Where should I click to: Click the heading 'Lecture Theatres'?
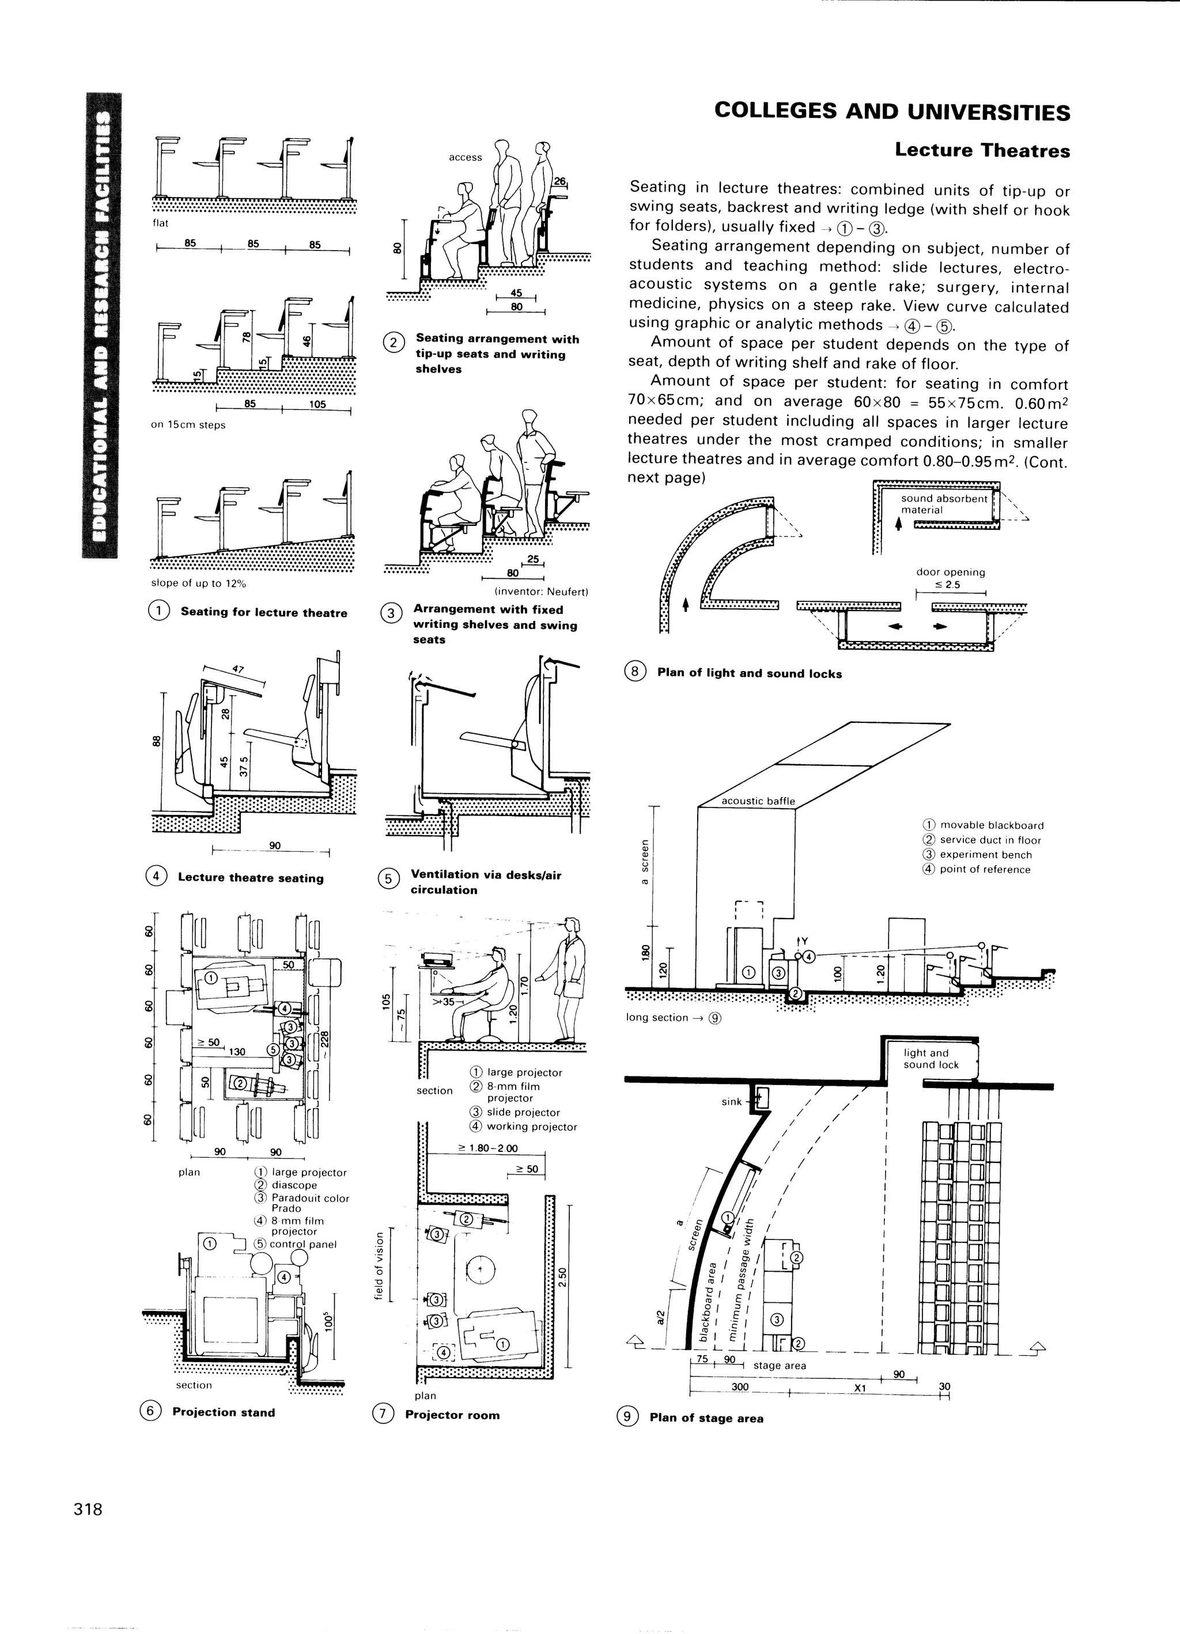pyautogui.click(x=982, y=150)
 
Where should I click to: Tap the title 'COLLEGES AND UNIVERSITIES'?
pyautogui.click(x=892, y=112)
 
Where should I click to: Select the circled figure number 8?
pyautogui.click(x=635, y=672)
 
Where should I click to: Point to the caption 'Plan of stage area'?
pyautogui.click(x=706, y=1418)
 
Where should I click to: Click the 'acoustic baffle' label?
pyautogui.click(x=758, y=801)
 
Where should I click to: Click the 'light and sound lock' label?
pyautogui.click(x=931, y=1059)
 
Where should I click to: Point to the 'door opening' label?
pyautogui.click(x=950, y=572)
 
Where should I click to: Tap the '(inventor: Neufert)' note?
pyautogui.click(x=542, y=592)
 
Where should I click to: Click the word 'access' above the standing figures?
pyautogui.click(x=465, y=157)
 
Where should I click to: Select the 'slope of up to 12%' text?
pyautogui.click(x=198, y=583)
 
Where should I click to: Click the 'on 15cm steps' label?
pyautogui.click(x=188, y=424)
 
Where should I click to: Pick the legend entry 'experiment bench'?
pyautogui.click(x=985, y=855)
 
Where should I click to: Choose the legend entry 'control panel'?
pyautogui.click(x=302, y=1243)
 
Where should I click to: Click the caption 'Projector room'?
pyautogui.click(x=452, y=1415)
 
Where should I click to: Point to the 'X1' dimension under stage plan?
pyautogui.click(x=859, y=1387)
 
